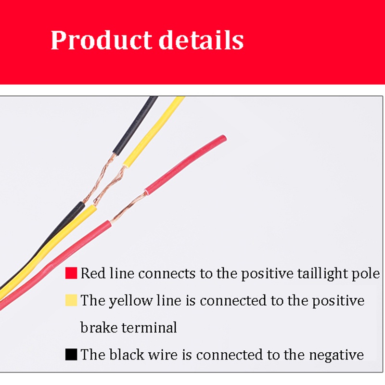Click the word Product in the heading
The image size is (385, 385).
(x=101, y=40)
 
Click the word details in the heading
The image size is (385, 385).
(x=201, y=39)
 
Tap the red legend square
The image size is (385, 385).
(x=71, y=273)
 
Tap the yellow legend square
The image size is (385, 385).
(x=71, y=300)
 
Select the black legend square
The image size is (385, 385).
(x=71, y=354)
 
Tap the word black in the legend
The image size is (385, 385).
(x=127, y=354)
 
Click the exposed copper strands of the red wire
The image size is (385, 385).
(x=128, y=207)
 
